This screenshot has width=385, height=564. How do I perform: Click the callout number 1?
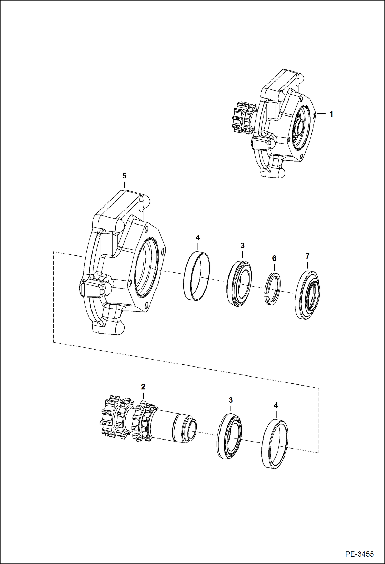[x=331, y=114]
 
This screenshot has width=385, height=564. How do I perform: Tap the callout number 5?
[x=124, y=176]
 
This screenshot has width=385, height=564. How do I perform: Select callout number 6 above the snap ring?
[x=274, y=258]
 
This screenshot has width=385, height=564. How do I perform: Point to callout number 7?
[x=307, y=256]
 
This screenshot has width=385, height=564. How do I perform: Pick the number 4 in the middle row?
[x=198, y=238]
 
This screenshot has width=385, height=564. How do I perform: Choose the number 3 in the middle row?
[x=243, y=245]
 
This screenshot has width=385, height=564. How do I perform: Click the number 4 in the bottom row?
[x=276, y=406]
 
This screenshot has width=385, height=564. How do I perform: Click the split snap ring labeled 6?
[x=273, y=288]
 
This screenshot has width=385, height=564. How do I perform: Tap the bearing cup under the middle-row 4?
[x=197, y=276]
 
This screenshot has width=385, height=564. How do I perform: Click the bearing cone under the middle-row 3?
[x=239, y=283]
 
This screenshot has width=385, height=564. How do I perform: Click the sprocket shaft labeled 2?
[x=149, y=423]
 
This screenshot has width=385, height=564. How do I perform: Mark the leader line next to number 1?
[x=321, y=113]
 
